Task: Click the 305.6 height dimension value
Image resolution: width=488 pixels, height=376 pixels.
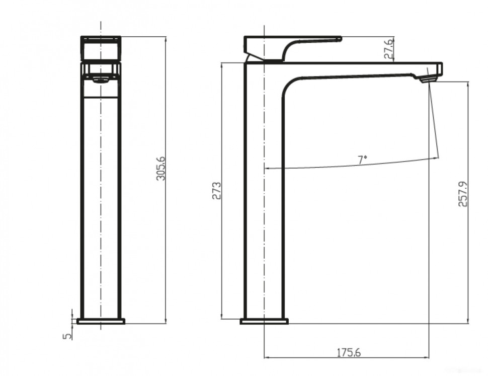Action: tap(160, 169)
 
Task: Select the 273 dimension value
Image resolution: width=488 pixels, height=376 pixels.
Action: tap(217, 191)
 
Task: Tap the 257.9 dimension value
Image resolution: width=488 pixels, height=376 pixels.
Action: tap(463, 194)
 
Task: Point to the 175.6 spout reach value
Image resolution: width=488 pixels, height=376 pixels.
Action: tap(349, 352)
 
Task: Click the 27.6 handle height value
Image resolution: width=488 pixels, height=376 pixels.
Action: tap(389, 49)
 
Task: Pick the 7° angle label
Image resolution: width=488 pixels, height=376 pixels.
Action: tap(362, 160)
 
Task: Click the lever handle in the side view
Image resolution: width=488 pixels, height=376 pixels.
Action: tap(292, 43)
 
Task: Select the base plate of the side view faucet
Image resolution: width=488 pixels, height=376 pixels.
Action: tap(264, 321)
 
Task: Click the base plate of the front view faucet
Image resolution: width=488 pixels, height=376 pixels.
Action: tap(101, 321)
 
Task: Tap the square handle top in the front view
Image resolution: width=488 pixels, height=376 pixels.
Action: tap(101, 49)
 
